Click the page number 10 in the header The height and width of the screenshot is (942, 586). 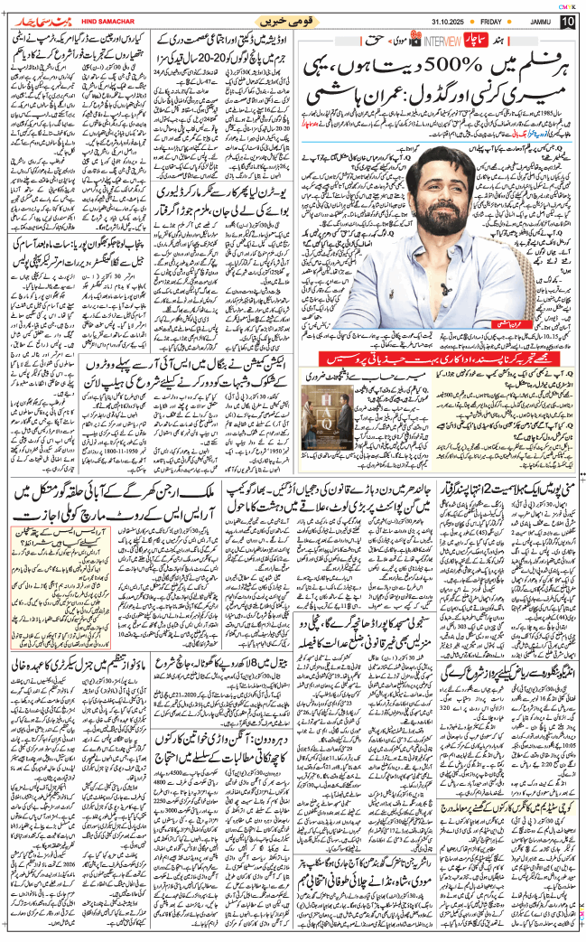567,21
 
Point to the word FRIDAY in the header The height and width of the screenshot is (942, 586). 489,21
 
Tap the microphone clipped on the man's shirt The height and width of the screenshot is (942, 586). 442,289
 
